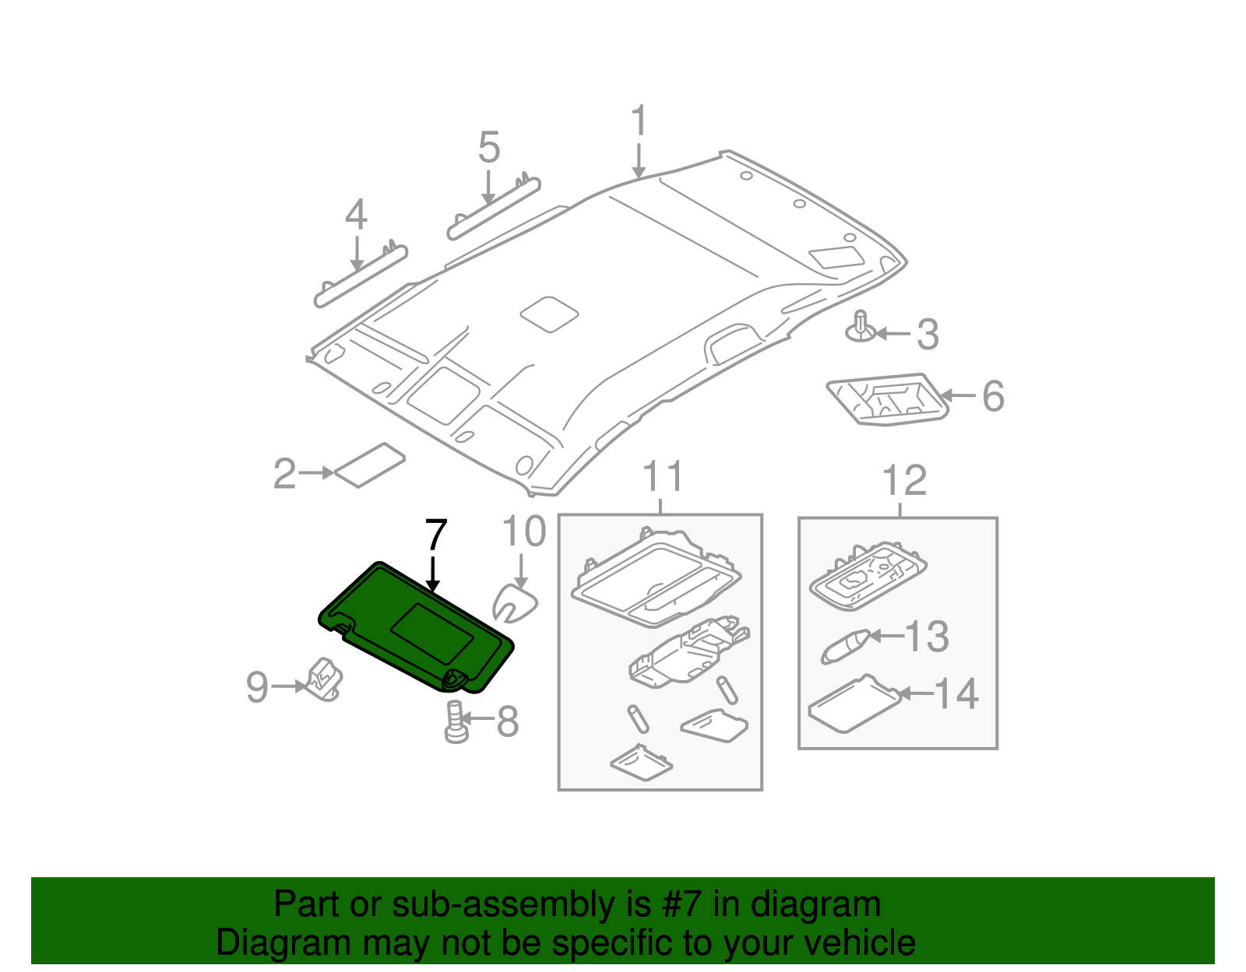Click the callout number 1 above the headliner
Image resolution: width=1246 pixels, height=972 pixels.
(639, 122)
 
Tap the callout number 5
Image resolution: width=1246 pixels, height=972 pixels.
(488, 147)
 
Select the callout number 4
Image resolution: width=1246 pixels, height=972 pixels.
(356, 215)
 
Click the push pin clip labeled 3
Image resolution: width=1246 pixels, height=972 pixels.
(861, 327)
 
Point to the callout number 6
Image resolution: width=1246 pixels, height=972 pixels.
(993, 396)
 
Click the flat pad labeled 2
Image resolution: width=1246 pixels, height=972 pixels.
(370, 465)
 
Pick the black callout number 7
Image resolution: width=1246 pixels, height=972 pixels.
(436, 535)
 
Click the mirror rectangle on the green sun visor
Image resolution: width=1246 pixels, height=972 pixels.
(433, 634)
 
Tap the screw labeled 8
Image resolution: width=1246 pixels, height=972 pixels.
(456, 721)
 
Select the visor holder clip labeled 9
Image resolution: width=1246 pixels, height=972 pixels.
(324, 678)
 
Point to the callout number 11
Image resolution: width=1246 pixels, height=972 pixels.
(663, 477)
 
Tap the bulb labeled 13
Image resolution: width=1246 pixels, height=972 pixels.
(844, 646)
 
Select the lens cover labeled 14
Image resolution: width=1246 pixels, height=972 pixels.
(854, 704)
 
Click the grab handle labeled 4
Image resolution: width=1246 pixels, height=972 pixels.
(361, 277)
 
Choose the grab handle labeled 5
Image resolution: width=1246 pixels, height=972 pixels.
(494, 209)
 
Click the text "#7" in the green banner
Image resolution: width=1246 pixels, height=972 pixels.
(681, 904)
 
